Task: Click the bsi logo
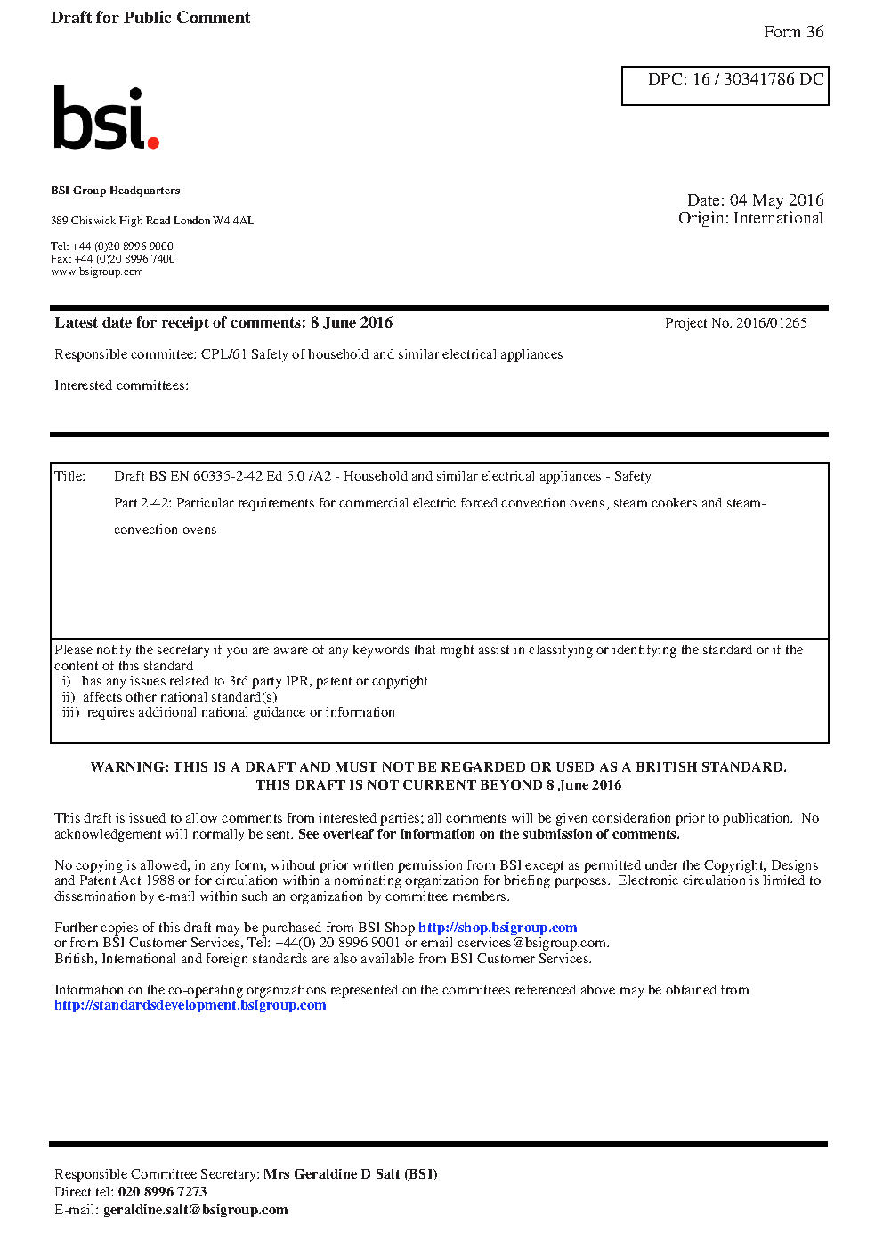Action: (105, 118)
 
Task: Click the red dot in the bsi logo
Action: (153, 142)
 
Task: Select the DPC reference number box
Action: (725, 85)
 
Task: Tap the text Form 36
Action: (793, 32)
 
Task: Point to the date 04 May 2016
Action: (776, 200)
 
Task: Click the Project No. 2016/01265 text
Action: (735, 323)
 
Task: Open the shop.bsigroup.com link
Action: (498, 928)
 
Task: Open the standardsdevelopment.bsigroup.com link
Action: (190, 1005)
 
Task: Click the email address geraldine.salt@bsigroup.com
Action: (195, 1210)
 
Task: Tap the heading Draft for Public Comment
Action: (150, 18)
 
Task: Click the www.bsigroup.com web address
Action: (97, 272)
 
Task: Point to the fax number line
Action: (113, 259)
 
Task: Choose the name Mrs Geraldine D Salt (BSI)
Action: (350, 1174)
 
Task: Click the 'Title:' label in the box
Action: (70, 476)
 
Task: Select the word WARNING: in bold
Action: (129, 767)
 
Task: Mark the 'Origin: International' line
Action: (750, 218)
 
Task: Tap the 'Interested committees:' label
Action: (121, 385)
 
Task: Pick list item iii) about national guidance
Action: (229, 712)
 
